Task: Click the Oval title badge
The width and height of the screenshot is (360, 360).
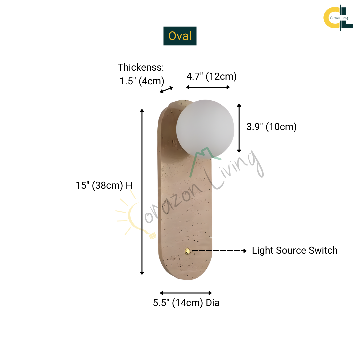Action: pos(180,36)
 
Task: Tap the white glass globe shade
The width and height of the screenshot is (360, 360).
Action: pos(205,128)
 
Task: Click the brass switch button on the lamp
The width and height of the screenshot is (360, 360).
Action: pos(188,251)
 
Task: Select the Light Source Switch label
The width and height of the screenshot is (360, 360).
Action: pos(295,251)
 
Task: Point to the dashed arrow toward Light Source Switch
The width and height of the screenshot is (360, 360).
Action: pos(219,250)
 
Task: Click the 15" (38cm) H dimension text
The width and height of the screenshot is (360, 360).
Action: pos(104,185)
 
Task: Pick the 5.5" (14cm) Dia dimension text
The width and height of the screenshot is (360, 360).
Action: pos(186,303)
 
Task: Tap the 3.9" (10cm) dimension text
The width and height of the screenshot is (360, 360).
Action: pos(271,127)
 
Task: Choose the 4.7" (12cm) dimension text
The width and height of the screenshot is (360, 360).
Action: pos(211,76)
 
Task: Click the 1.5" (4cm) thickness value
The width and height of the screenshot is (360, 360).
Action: pos(142,81)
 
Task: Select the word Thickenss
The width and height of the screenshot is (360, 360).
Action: pos(141,67)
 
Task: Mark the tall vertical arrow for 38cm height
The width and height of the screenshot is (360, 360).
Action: pos(142,192)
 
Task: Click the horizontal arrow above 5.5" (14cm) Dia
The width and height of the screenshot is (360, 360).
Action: pos(186,293)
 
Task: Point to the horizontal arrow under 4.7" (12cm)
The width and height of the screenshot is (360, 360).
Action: pos(208,87)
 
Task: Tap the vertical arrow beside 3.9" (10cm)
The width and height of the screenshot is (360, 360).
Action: pos(239,128)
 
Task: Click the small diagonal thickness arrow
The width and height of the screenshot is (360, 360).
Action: pos(167,89)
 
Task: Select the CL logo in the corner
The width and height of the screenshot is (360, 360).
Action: pos(338,16)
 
